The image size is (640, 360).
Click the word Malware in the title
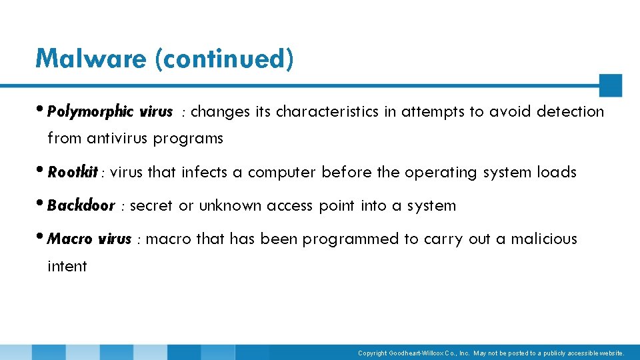point(91,59)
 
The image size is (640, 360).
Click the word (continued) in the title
point(223,59)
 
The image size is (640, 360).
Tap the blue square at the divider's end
point(610,85)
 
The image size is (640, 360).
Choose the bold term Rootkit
point(73,172)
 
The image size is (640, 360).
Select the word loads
point(556,172)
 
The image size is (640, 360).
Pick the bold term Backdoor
point(81,205)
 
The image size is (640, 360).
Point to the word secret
point(151,205)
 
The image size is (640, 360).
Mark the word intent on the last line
point(67,266)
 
